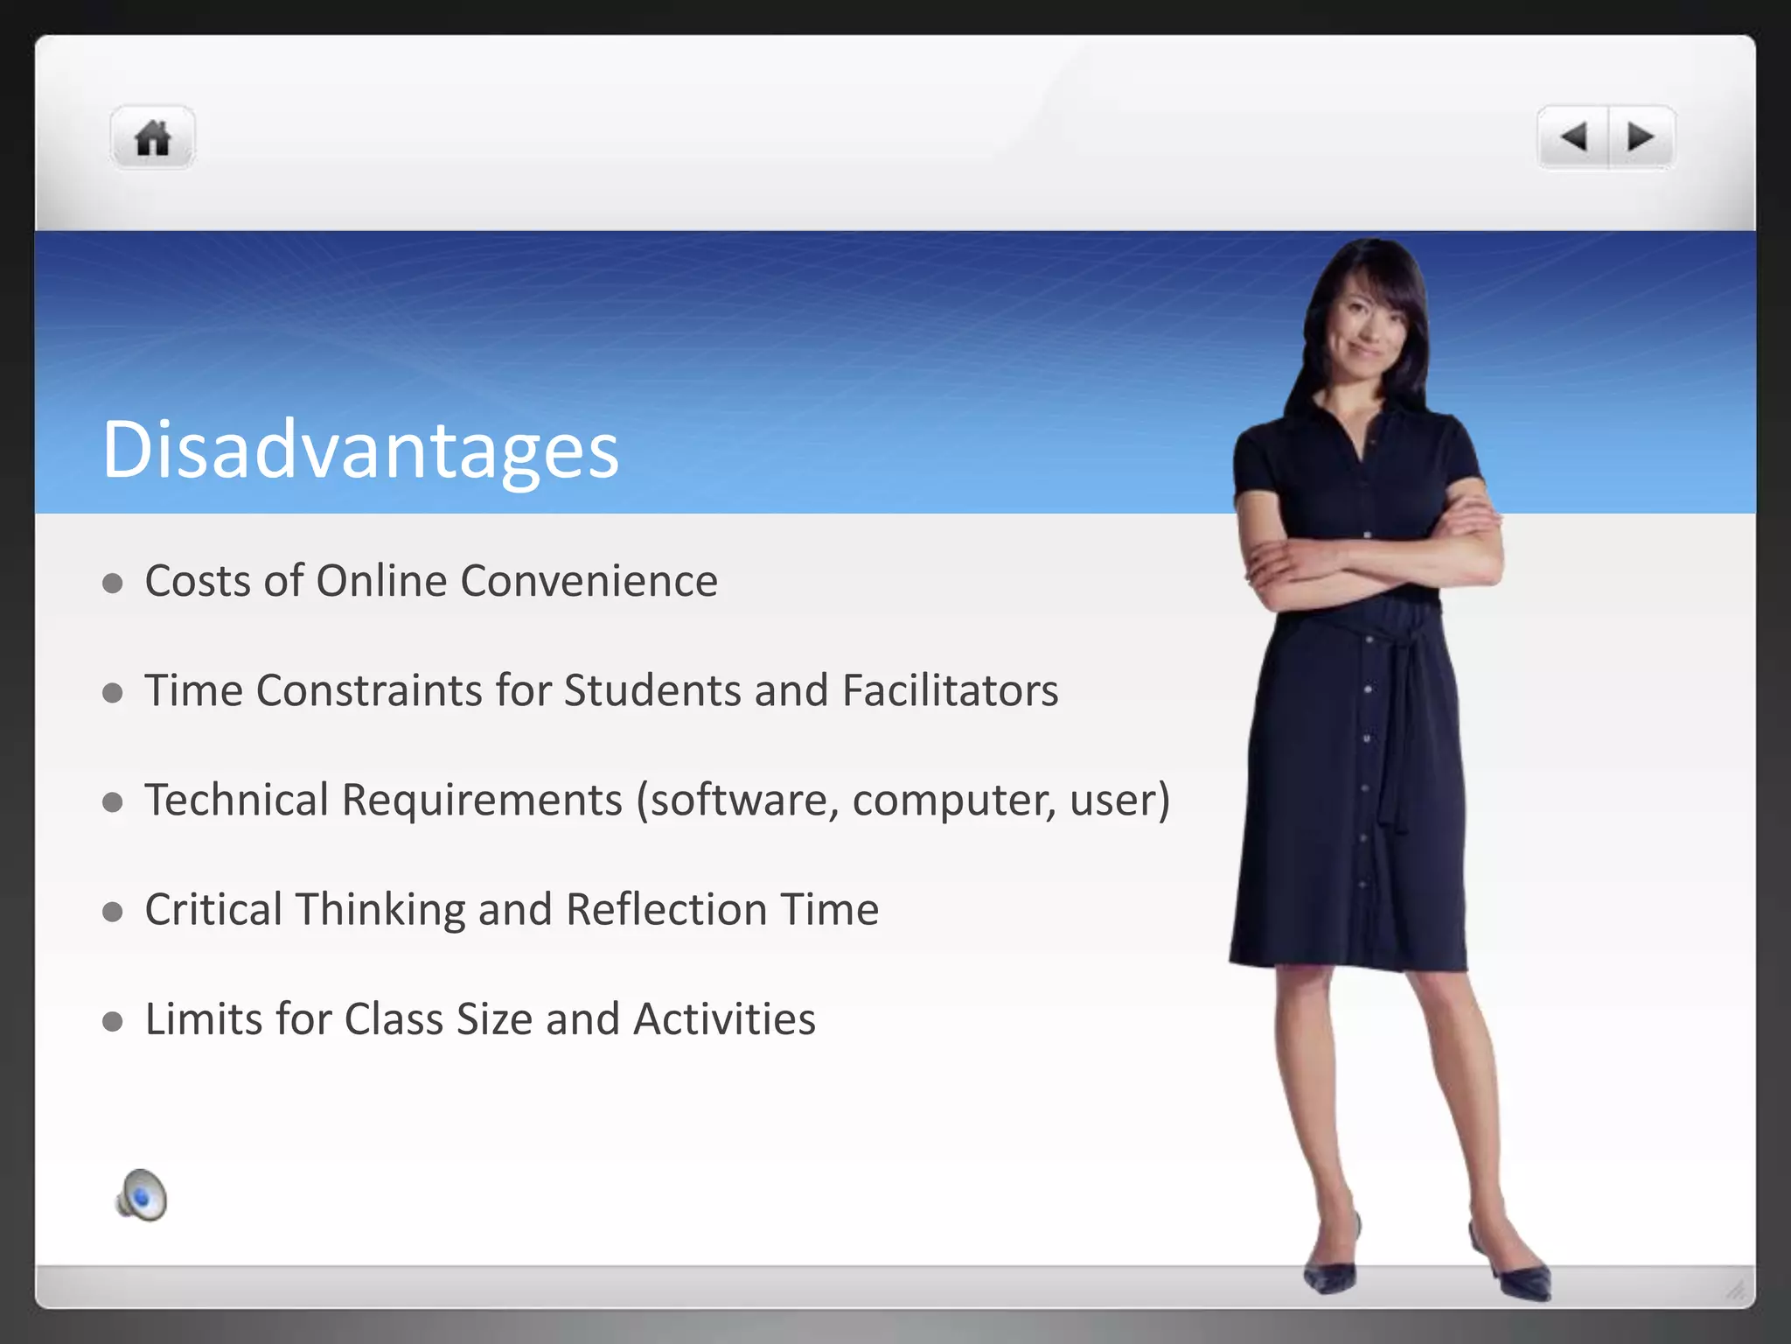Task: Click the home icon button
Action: click(x=152, y=138)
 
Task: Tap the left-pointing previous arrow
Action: click(x=1573, y=137)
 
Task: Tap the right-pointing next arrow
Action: click(x=1640, y=137)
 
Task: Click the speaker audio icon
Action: click(x=142, y=1195)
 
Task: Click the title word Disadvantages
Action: click(x=360, y=450)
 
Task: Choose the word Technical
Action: click(x=236, y=800)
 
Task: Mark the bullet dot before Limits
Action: click(x=112, y=1021)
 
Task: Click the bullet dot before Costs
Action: click(x=112, y=584)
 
